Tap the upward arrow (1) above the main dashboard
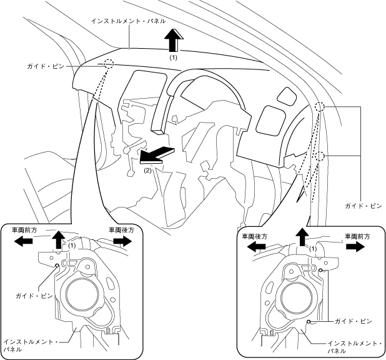click(x=174, y=41)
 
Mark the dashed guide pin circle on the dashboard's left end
click(x=109, y=64)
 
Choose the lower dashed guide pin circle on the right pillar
click(x=320, y=156)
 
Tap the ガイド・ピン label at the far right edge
click(x=362, y=204)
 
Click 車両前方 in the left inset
click(x=27, y=230)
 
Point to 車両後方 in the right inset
click(x=254, y=237)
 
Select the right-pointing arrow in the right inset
click(x=355, y=247)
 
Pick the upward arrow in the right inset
click(x=303, y=237)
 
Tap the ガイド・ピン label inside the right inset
click(x=352, y=321)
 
